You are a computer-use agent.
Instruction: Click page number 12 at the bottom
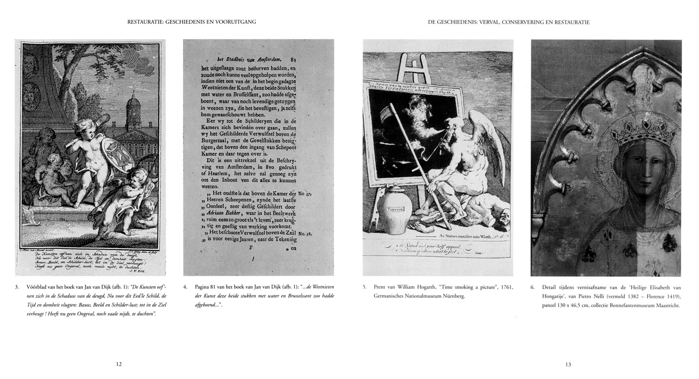[x=119, y=364]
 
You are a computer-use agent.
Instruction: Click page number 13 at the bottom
[x=568, y=365]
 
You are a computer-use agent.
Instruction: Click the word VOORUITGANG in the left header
[x=237, y=22]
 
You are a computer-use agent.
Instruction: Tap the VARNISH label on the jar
[x=396, y=209]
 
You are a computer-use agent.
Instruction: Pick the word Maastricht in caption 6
[x=667, y=306]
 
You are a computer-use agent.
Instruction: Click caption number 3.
[x=17, y=287]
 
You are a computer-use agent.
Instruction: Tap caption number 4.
[x=185, y=287]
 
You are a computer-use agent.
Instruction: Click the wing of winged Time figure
[x=484, y=137]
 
